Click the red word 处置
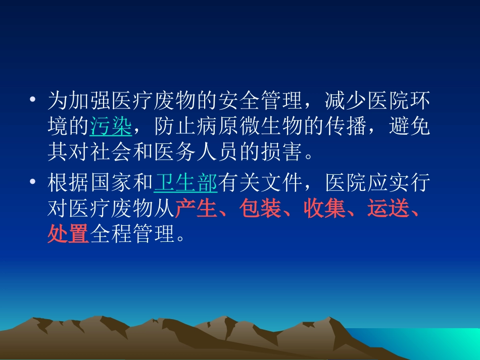pos(68,234)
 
